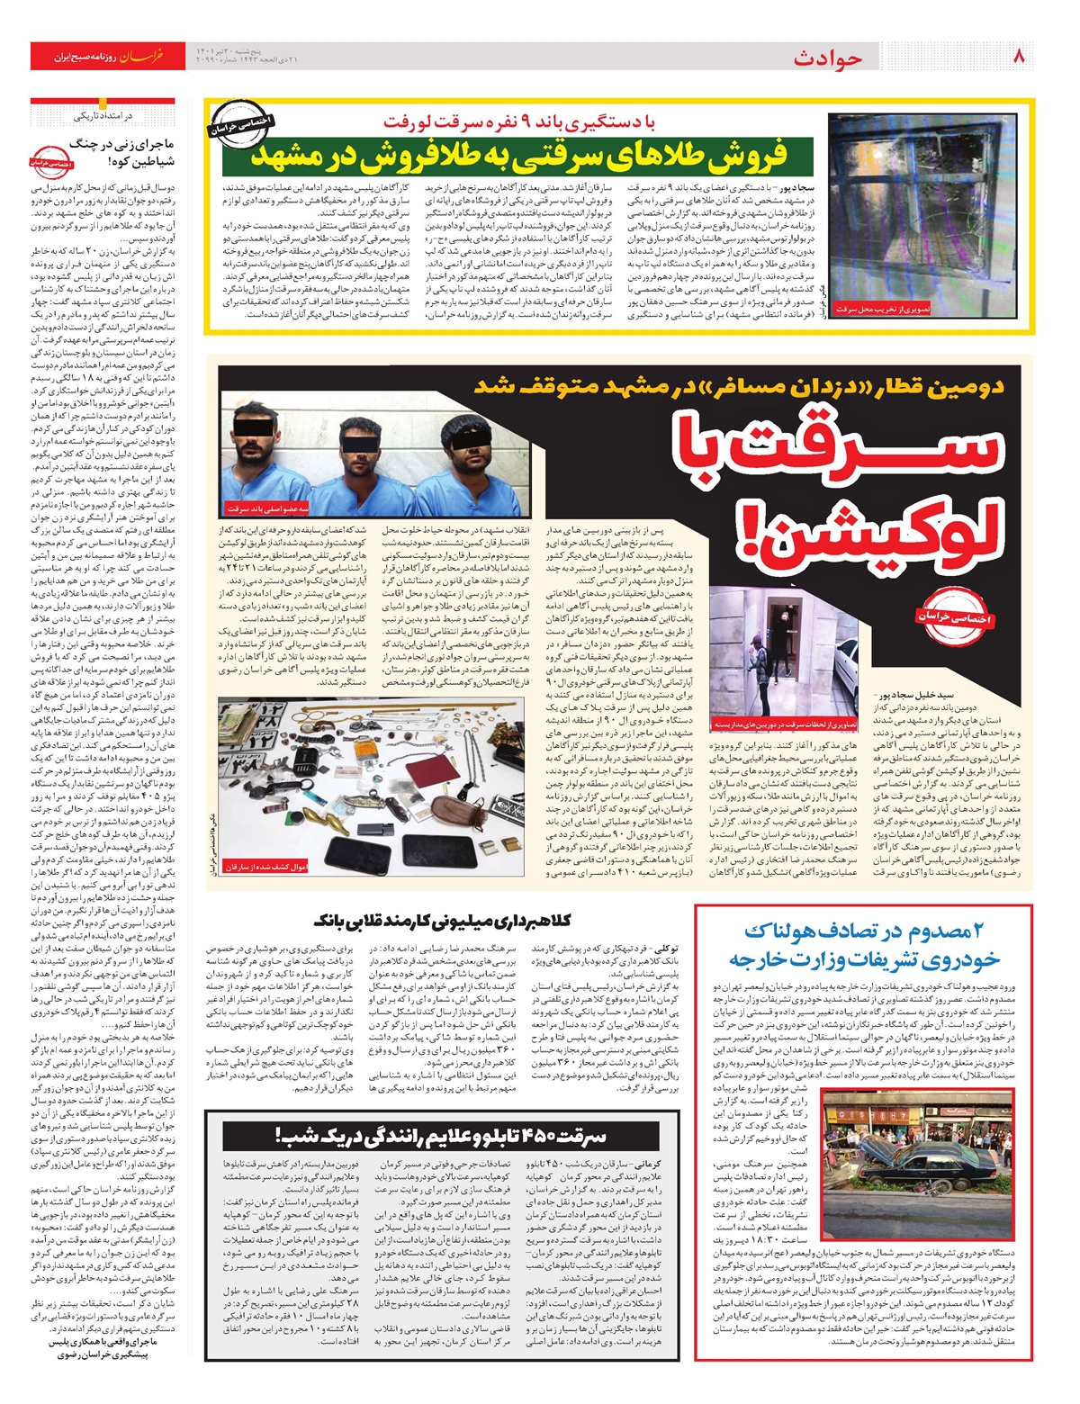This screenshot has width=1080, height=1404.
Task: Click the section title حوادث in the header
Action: tap(827, 58)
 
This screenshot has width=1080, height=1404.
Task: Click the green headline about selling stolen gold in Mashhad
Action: tap(518, 155)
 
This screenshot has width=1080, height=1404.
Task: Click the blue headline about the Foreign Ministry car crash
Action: tap(863, 946)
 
